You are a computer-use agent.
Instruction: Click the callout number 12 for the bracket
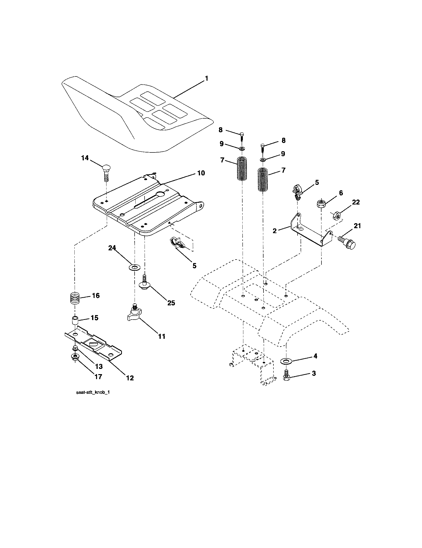tap(130, 378)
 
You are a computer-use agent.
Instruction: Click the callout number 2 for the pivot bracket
tap(275, 231)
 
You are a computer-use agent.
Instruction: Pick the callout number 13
tap(99, 367)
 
